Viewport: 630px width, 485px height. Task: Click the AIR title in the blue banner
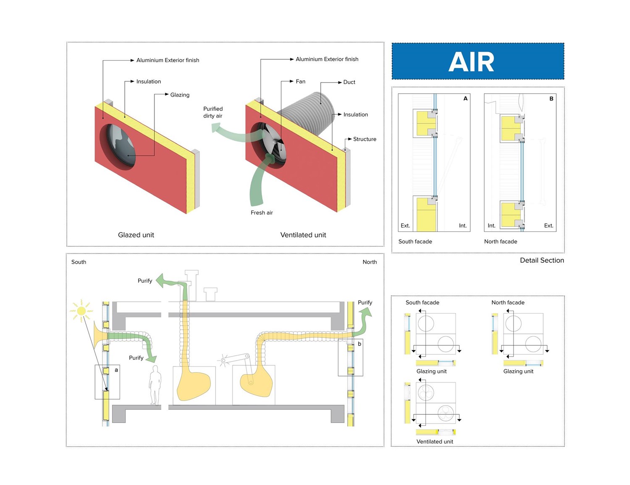pyautogui.click(x=471, y=62)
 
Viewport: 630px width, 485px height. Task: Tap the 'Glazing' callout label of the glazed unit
pyautogui.click(x=180, y=95)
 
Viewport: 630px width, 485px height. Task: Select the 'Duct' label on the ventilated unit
pyautogui.click(x=349, y=82)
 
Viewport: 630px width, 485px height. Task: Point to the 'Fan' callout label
pyautogui.click(x=300, y=82)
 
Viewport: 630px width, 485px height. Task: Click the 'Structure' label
pyautogui.click(x=365, y=139)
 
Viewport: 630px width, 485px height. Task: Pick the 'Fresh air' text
pyautogui.click(x=262, y=213)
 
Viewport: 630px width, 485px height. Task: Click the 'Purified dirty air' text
pyautogui.click(x=213, y=112)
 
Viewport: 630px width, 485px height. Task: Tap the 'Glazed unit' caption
pyautogui.click(x=136, y=235)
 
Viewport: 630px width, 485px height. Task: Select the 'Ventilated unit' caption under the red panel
pyautogui.click(x=303, y=235)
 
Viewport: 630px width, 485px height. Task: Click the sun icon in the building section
pyautogui.click(x=81, y=311)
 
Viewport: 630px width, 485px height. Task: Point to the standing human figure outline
pyautogui.click(x=155, y=385)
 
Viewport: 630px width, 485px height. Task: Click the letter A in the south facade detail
pyautogui.click(x=465, y=98)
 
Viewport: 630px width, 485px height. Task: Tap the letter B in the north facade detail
pyautogui.click(x=551, y=99)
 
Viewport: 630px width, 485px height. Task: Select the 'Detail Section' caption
pyautogui.click(x=542, y=260)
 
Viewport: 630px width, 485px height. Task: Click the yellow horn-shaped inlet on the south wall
pyautogui.click(x=99, y=335)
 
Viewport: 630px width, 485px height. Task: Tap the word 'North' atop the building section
pyautogui.click(x=370, y=262)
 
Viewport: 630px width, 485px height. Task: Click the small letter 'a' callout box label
pyautogui.click(x=116, y=370)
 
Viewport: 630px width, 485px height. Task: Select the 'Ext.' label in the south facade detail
pyautogui.click(x=405, y=226)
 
